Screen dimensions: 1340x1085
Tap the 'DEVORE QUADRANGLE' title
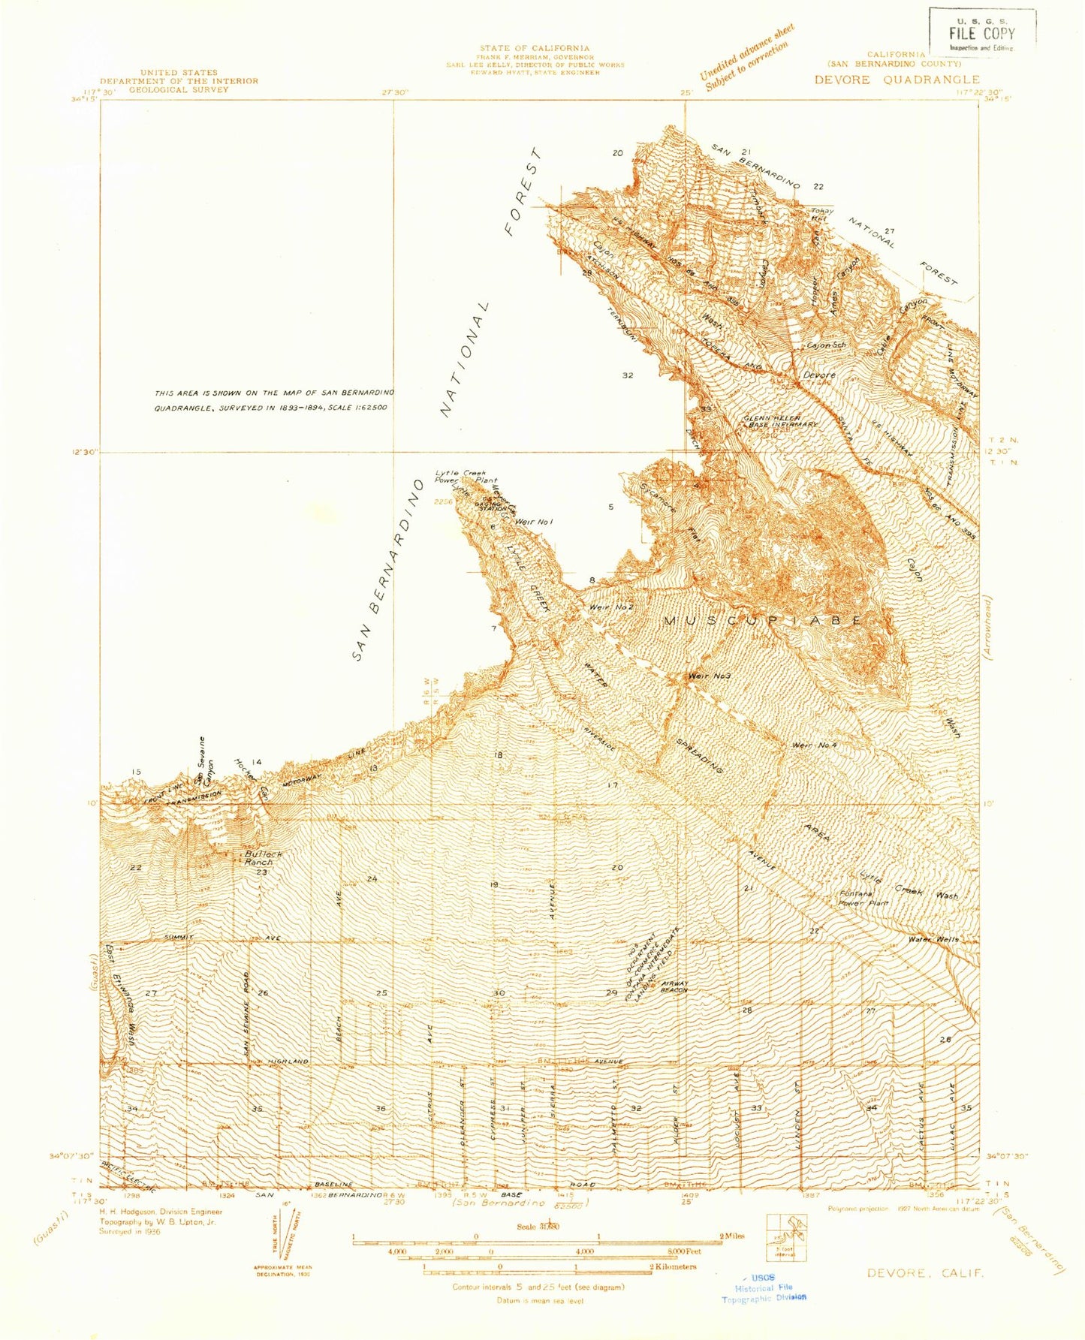(897, 80)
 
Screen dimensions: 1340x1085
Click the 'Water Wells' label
(933, 939)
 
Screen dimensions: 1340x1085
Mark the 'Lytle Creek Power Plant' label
(466, 477)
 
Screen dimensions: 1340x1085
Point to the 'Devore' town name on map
(818, 374)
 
